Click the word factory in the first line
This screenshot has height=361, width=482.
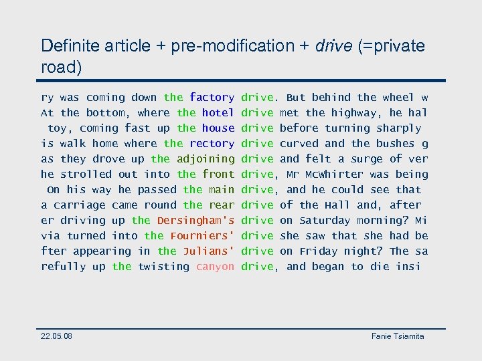pyautogui.click(x=212, y=98)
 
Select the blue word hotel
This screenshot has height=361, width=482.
pyautogui.click(x=218, y=113)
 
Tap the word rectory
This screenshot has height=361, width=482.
pyautogui.click(x=212, y=144)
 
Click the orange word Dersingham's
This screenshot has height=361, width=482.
pyautogui.click(x=195, y=221)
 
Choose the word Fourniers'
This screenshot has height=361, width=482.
pyautogui.click(x=202, y=236)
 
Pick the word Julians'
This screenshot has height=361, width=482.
pyautogui.click(x=208, y=251)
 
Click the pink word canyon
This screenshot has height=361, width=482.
pyautogui.click(x=215, y=267)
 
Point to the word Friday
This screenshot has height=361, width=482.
pyautogui.click(x=319, y=251)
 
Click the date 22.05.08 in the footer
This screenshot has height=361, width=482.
pyautogui.click(x=57, y=336)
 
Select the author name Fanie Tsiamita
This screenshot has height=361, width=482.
pyautogui.click(x=398, y=336)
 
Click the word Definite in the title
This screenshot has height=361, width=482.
pyautogui.click(x=68, y=46)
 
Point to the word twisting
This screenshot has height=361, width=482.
pyautogui.click(x=163, y=267)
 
